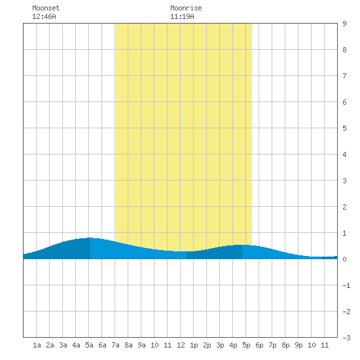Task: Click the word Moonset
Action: click(46, 8)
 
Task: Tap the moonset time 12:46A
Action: click(44, 16)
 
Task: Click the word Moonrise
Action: click(186, 8)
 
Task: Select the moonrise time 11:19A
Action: click(182, 16)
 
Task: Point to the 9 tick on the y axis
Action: click(344, 24)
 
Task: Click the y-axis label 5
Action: click(344, 128)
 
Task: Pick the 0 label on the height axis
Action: click(344, 259)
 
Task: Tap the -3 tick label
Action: click(346, 338)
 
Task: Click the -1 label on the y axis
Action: click(346, 285)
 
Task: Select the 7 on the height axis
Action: click(344, 76)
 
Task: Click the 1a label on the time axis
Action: click(37, 345)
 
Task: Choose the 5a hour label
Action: click(89, 345)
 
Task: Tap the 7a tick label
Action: click(115, 345)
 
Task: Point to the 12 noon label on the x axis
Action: click(181, 345)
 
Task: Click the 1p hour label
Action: click(194, 345)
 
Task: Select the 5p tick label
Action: click(246, 345)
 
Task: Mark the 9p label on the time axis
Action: click(298, 345)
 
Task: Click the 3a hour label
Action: click(63, 345)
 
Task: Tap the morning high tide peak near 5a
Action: click(90, 238)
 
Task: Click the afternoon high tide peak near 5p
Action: click(242, 245)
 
